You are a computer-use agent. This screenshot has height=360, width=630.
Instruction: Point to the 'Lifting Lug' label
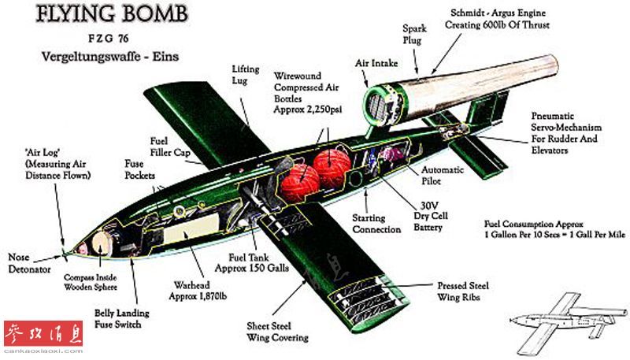[245, 75]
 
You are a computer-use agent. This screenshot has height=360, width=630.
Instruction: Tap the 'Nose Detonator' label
[29, 262]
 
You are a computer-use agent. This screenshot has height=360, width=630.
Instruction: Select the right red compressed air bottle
[332, 167]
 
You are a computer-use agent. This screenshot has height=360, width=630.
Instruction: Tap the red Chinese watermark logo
[43, 335]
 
